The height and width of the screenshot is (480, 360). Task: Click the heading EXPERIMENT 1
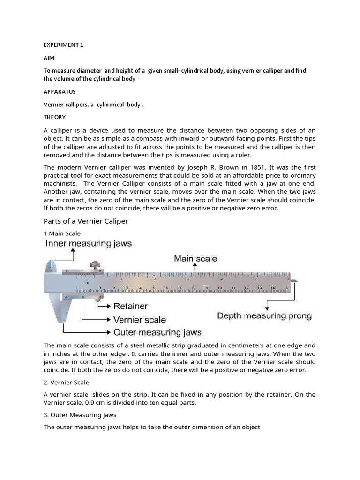pyautogui.click(x=63, y=45)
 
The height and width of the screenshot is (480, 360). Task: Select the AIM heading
pyautogui.click(x=49, y=58)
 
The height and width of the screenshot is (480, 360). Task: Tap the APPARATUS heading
pyautogui.click(x=60, y=91)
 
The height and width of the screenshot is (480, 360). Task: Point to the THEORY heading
pyautogui.click(x=54, y=117)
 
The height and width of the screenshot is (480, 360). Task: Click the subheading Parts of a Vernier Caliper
pyautogui.click(x=86, y=221)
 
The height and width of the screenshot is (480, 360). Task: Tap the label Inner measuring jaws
pyautogui.click(x=89, y=243)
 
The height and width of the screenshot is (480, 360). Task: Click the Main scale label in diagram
pyautogui.click(x=195, y=258)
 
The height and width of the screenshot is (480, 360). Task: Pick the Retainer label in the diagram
pyautogui.click(x=130, y=306)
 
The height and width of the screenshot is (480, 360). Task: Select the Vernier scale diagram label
pyautogui.click(x=140, y=320)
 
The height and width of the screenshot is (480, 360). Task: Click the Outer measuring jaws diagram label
pyautogui.click(x=157, y=332)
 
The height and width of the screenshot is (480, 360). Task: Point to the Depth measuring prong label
pyautogui.click(x=264, y=315)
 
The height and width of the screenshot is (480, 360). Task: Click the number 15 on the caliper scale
pyautogui.click(x=286, y=288)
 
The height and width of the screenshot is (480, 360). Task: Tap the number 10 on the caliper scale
pyautogui.click(x=219, y=288)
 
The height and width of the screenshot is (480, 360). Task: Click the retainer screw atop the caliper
pyautogui.click(x=96, y=266)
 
